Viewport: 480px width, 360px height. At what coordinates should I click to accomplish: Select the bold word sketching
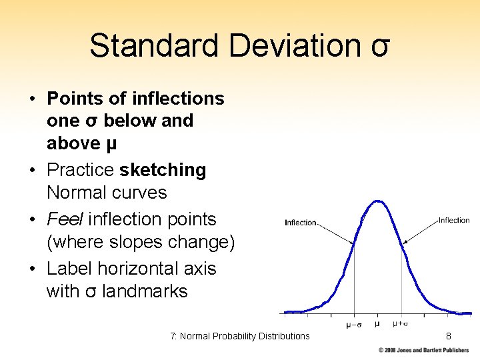[x=163, y=170]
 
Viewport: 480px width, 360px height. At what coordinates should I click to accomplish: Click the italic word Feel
[x=65, y=219]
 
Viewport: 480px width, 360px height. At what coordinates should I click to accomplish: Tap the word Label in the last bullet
[x=69, y=269]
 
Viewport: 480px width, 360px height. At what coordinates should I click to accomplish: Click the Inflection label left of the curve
[x=301, y=223]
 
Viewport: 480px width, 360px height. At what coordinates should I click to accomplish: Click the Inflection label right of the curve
[x=453, y=220]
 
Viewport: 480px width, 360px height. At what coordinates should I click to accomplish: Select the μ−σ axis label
[x=353, y=325]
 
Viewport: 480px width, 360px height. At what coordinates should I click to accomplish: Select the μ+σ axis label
[x=400, y=325]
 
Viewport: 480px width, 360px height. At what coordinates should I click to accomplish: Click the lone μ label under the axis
[x=377, y=324]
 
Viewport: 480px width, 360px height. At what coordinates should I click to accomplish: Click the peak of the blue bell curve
[x=377, y=201]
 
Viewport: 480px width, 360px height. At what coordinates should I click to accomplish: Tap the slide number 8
[x=449, y=336]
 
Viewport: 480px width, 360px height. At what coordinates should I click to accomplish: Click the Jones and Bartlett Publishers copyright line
[x=424, y=350]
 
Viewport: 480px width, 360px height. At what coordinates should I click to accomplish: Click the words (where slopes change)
[x=141, y=243]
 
